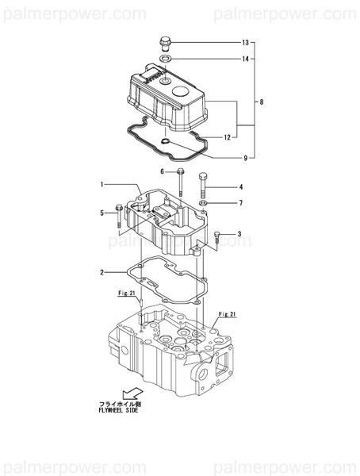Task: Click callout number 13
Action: pyautogui.click(x=245, y=41)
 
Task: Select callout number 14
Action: pyautogui.click(x=245, y=59)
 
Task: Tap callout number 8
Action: pyautogui.click(x=261, y=102)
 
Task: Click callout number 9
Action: pyautogui.click(x=245, y=158)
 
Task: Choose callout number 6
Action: pyautogui.click(x=163, y=171)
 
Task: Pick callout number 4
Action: pyautogui.click(x=240, y=187)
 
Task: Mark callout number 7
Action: pyautogui.click(x=240, y=203)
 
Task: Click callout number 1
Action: pyautogui.click(x=102, y=184)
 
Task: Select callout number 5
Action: pyautogui.click(x=102, y=213)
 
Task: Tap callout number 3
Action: pyautogui.click(x=239, y=234)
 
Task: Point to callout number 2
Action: pyautogui.click(x=102, y=273)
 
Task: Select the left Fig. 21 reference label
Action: pyautogui.click(x=128, y=294)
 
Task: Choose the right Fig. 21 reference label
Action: pyautogui.click(x=228, y=315)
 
